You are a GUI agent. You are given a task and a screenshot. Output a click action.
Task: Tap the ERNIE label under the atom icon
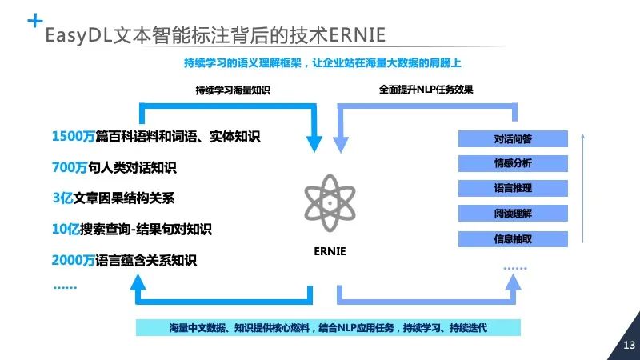[329, 250]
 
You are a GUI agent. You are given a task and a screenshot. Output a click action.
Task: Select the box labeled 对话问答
[513, 138]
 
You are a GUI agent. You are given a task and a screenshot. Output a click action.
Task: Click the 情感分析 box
[513, 163]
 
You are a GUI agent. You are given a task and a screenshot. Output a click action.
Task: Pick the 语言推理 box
[513, 189]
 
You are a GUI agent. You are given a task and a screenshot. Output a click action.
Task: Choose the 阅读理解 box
[513, 214]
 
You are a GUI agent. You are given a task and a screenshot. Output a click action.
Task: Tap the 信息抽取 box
[513, 238]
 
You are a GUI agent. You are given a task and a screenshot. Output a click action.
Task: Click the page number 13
[629, 345]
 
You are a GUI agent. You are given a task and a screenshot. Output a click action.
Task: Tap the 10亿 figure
[66, 229]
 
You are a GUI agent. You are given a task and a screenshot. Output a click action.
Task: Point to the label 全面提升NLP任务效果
[426, 90]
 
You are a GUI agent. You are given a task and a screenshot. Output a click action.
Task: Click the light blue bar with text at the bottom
[328, 327]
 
